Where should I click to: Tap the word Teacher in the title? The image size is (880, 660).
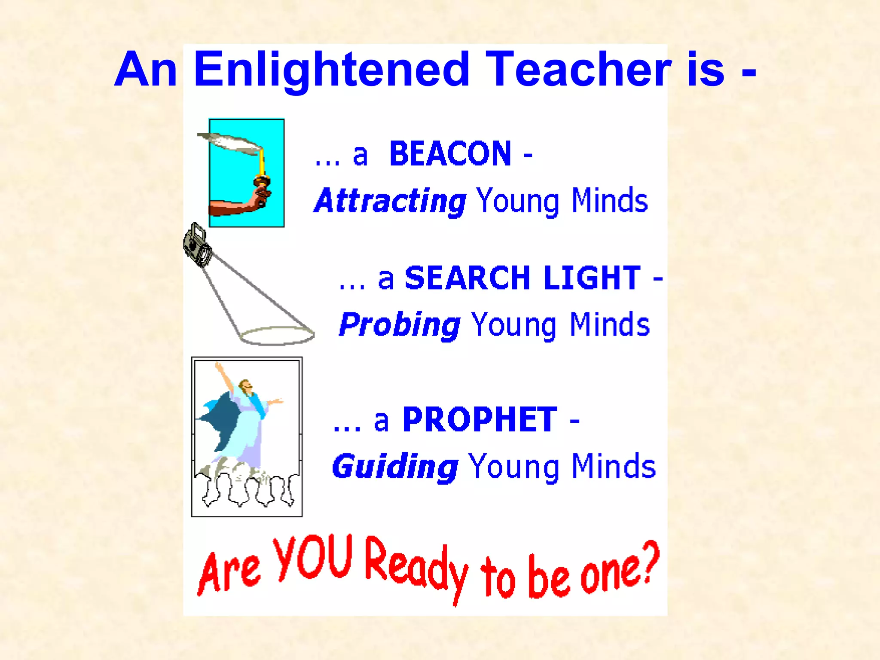pos(579,70)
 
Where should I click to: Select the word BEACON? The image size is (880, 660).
pos(450,154)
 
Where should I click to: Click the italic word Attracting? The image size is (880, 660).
pos(390,201)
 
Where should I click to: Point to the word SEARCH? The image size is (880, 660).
pos(467,278)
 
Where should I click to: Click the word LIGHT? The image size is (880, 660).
pos(592,278)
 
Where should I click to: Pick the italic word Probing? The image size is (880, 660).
pos(399,325)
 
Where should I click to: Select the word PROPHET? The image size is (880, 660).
pos(480,420)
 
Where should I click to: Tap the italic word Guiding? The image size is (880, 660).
pos(395,467)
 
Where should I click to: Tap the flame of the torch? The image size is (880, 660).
pos(230,143)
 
